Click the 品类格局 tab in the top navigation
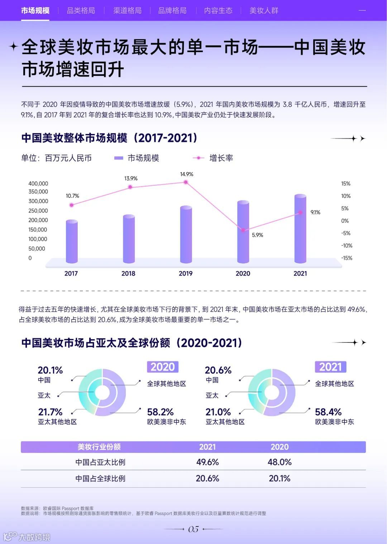click(x=81, y=10)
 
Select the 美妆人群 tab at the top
click(x=264, y=10)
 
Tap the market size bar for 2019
click(x=186, y=235)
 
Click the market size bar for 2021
click(x=300, y=230)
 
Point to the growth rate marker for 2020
click(x=243, y=230)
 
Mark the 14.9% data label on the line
click(x=186, y=174)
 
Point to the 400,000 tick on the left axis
click(x=38, y=184)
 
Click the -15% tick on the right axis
click(x=347, y=258)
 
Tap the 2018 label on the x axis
click(x=128, y=273)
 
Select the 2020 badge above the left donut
click(x=163, y=367)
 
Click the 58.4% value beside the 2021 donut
click(x=328, y=412)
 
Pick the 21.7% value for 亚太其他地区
click(x=50, y=412)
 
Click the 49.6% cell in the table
click(x=207, y=462)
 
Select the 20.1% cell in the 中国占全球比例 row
click(x=279, y=478)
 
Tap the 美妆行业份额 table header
click(x=99, y=447)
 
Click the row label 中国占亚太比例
click(x=100, y=462)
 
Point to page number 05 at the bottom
click(x=193, y=529)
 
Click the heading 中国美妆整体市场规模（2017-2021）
click(x=109, y=138)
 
